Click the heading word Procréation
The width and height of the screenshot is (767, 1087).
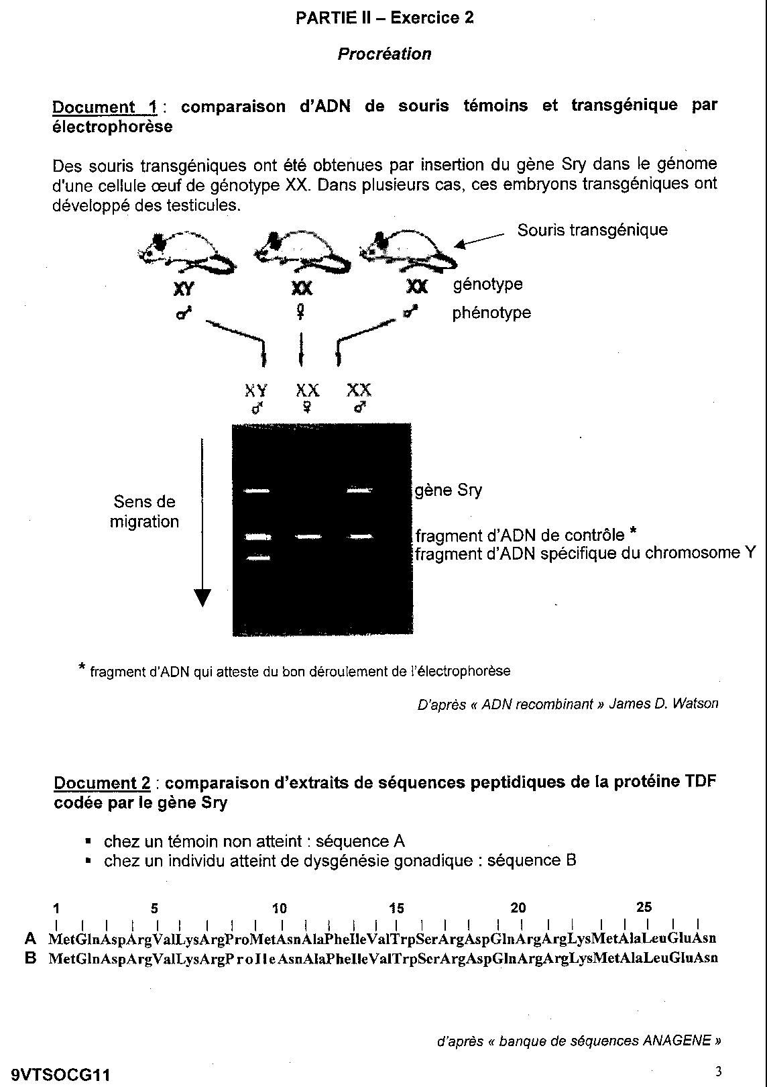384,54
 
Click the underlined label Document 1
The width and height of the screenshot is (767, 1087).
104,107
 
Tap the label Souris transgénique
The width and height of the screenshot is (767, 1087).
592,230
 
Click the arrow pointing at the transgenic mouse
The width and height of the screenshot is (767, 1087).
479,240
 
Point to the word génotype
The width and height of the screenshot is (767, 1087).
487,284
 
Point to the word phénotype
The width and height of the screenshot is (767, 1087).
491,313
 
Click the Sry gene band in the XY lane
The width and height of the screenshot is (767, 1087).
257,492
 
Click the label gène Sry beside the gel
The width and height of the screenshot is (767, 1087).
448,490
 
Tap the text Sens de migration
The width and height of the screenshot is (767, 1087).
144,511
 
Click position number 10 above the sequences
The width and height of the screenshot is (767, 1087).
280,909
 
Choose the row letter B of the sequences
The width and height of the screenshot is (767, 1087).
29,957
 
